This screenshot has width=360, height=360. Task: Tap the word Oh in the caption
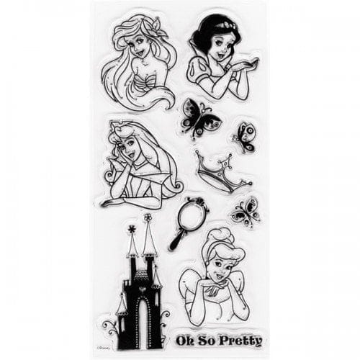tap(185, 341)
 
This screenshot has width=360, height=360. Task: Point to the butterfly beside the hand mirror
tap(246, 212)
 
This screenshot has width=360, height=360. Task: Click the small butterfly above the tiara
tap(246, 137)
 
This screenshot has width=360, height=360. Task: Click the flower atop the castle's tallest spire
tap(147, 217)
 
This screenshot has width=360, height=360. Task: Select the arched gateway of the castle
tap(143, 323)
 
